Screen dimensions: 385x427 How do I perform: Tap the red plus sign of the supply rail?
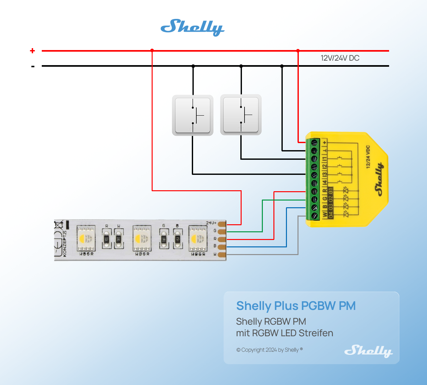(32, 51)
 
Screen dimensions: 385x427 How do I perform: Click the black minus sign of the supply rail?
(33, 67)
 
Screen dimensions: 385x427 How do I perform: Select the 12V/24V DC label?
(340, 58)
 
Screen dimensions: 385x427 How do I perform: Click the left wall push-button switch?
(192, 115)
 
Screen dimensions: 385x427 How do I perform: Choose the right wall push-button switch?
(241, 115)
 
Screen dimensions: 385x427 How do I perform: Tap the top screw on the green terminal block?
(314, 142)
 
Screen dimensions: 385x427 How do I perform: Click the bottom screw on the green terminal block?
(314, 216)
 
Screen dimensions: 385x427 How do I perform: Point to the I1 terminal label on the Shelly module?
(325, 158)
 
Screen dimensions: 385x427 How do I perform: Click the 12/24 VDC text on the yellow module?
(368, 157)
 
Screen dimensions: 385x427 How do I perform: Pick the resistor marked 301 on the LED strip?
(107, 239)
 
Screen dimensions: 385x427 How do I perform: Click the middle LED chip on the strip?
(142, 239)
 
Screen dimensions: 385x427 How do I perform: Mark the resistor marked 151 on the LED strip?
(177, 239)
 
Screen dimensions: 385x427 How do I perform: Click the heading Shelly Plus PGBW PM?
(296, 306)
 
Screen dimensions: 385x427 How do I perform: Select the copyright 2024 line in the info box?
(269, 350)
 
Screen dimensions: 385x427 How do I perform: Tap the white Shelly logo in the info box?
(368, 351)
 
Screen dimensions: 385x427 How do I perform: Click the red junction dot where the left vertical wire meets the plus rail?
(152, 50)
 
